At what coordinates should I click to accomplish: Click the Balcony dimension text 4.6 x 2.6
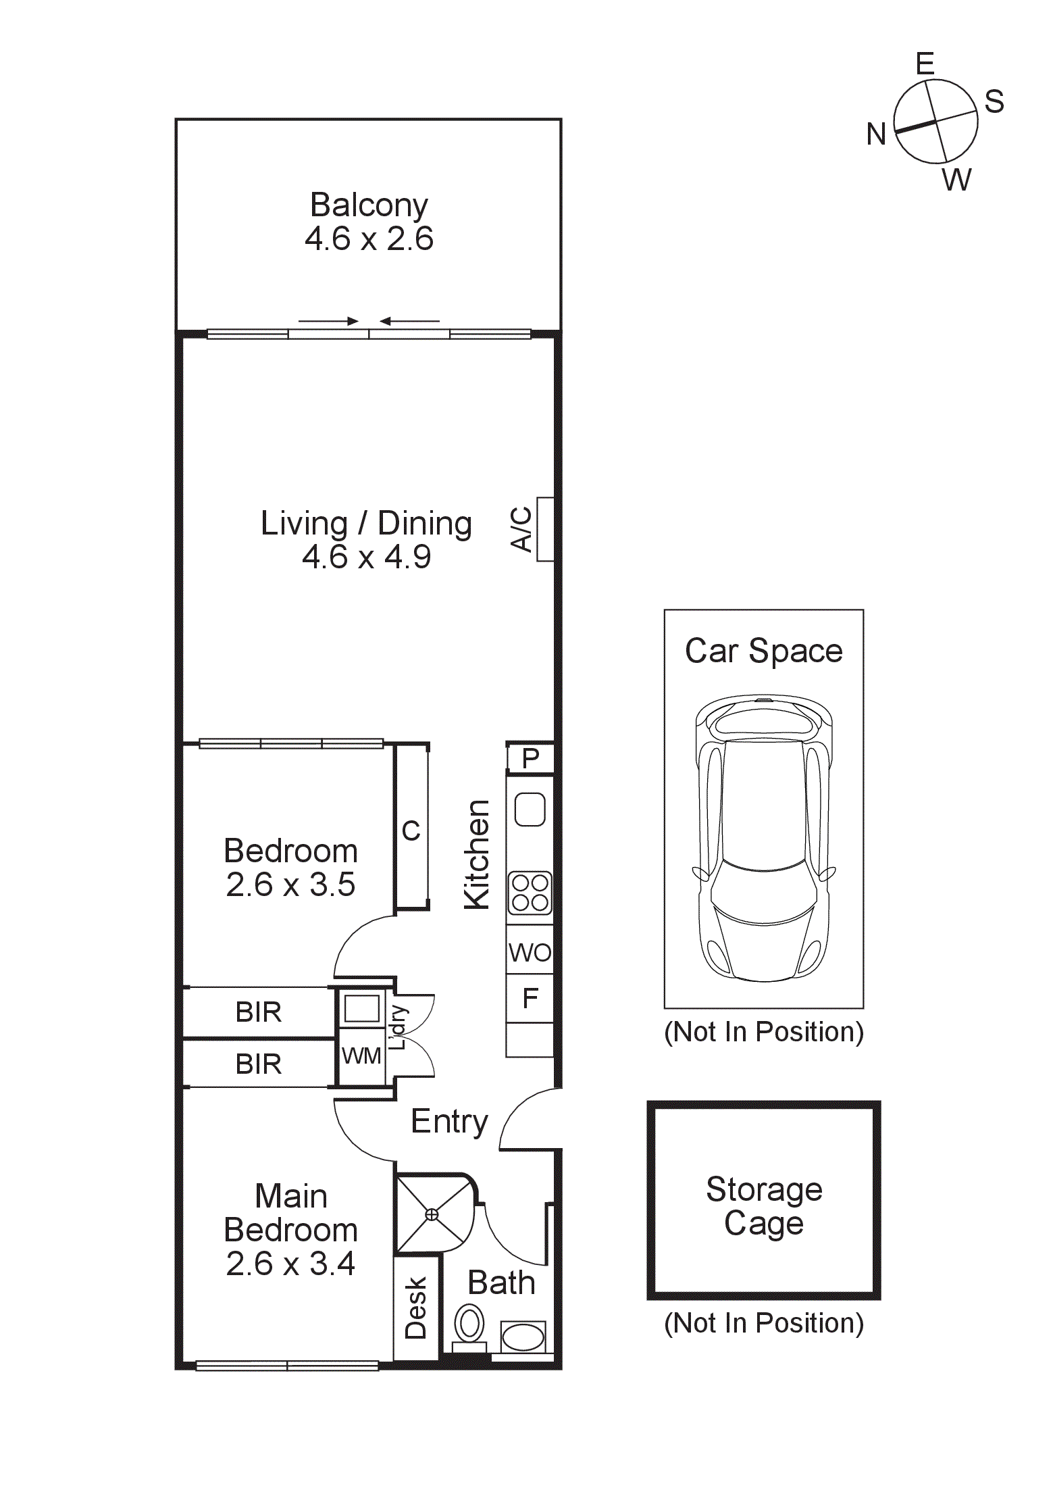(x=369, y=239)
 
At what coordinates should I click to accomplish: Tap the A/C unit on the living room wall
(x=545, y=529)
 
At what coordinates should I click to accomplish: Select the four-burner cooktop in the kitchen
(x=530, y=893)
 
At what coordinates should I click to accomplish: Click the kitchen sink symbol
(x=530, y=809)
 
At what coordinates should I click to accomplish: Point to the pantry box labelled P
(x=531, y=759)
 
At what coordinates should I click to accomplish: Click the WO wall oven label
(x=530, y=953)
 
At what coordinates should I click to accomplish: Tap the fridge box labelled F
(x=530, y=998)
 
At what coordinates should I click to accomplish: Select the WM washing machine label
(x=361, y=1056)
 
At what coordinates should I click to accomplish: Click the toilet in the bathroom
(x=469, y=1324)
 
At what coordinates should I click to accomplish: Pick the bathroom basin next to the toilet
(x=523, y=1337)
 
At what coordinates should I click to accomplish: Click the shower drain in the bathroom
(x=432, y=1214)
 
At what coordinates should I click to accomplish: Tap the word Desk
(x=416, y=1308)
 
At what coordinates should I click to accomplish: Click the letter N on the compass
(x=876, y=134)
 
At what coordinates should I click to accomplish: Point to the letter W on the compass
(x=956, y=180)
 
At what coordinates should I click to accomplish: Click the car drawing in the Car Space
(x=764, y=838)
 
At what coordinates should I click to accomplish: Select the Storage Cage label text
(x=764, y=1206)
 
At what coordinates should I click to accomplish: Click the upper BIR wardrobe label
(x=259, y=1012)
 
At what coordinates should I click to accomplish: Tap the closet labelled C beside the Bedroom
(x=411, y=830)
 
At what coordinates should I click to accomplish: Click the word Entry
(x=449, y=1122)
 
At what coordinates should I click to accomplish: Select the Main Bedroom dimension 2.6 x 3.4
(x=290, y=1264)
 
